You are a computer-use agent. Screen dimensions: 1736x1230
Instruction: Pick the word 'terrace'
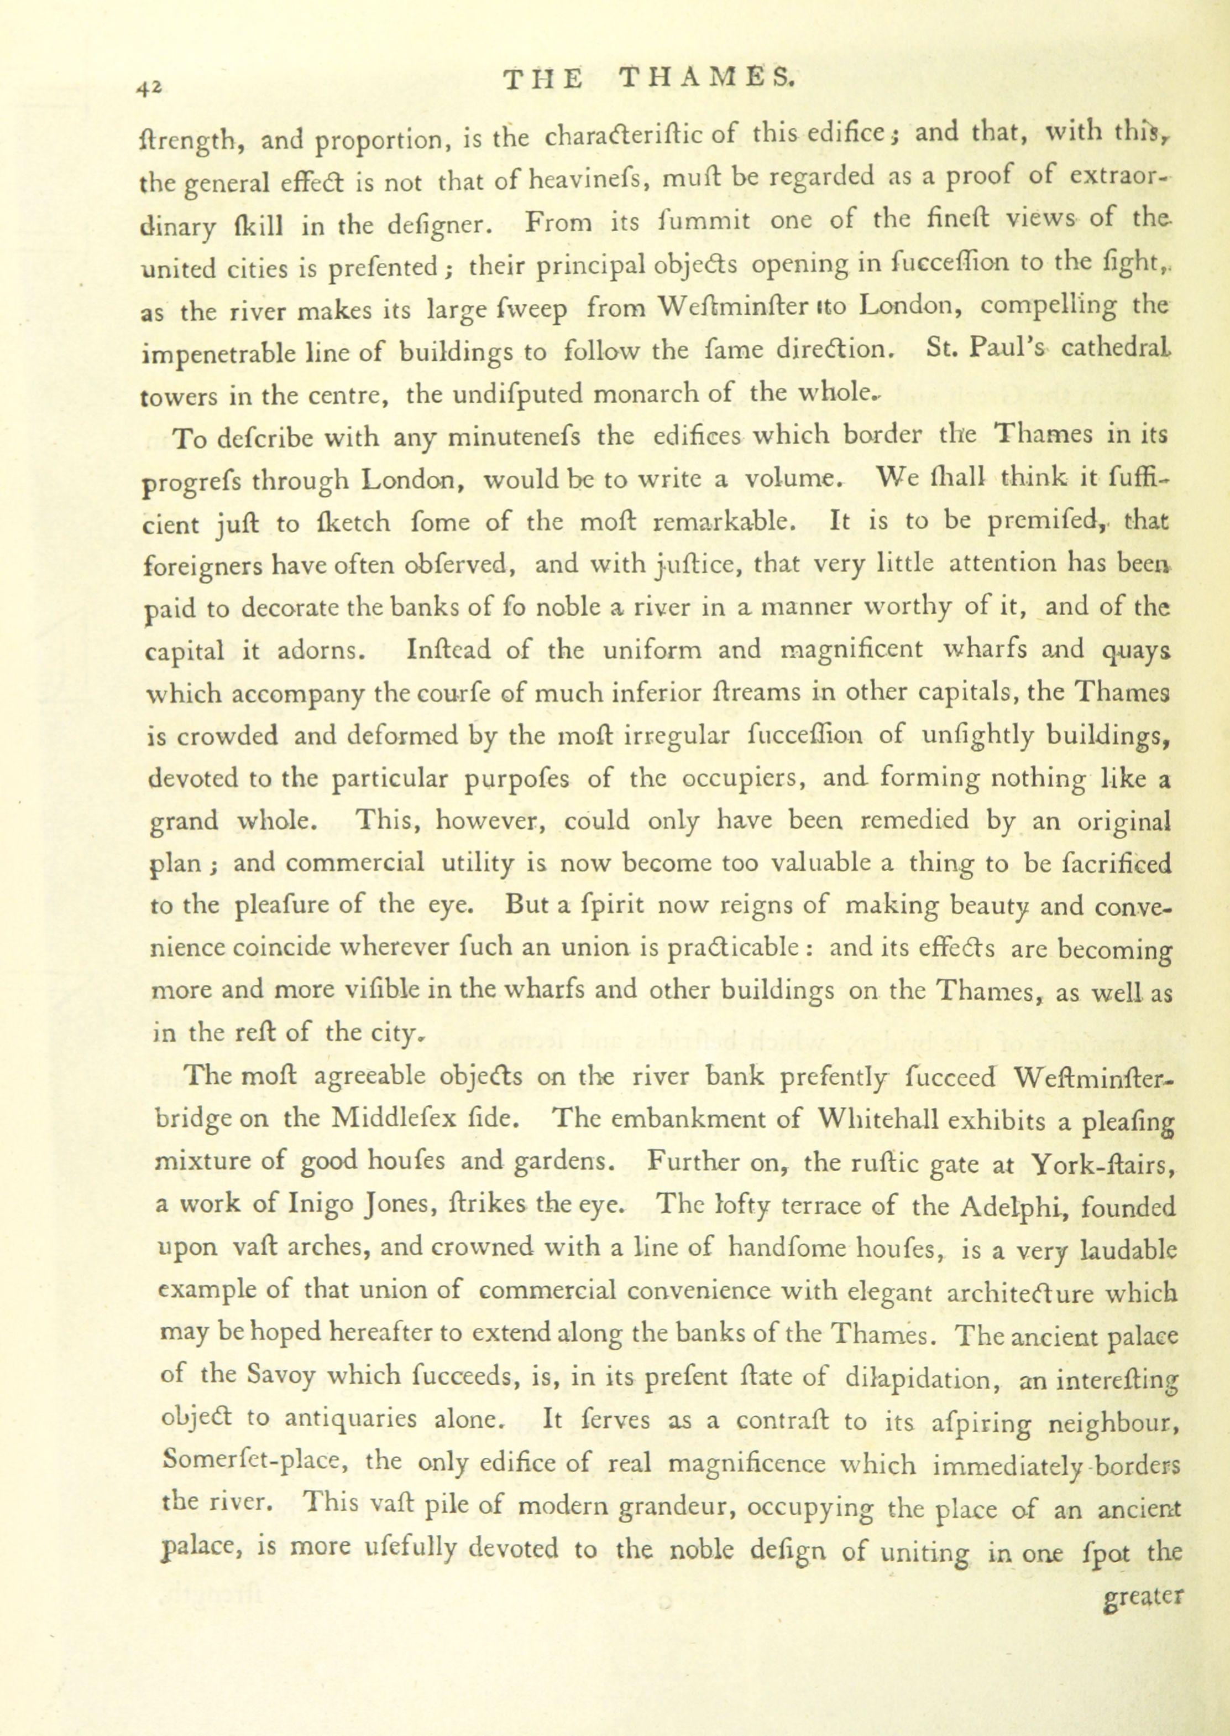(822, 1205)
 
